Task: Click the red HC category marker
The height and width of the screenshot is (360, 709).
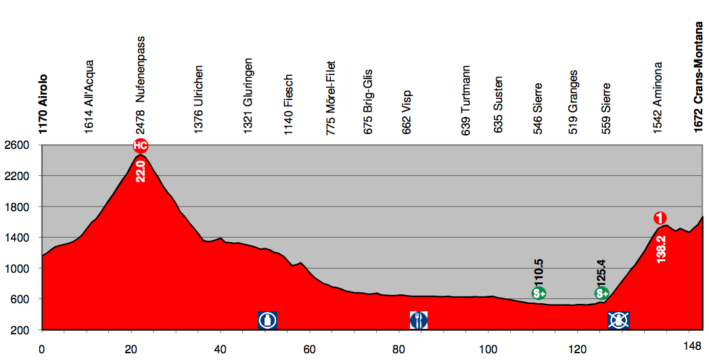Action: (x=140, y=145)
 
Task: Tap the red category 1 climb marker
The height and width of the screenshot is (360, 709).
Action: (x=660, y=218)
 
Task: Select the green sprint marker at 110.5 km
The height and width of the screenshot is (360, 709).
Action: (x=539, y=293)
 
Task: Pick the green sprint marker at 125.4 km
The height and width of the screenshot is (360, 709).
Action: (x=602, y=293)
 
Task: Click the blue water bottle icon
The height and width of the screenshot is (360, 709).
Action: (x=268, y=319)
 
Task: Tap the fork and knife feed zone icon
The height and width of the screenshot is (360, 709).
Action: (x=419, y=319)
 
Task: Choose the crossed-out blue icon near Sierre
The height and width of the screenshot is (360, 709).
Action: (x=619, y=319)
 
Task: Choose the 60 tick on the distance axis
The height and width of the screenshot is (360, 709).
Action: (x=310, y=348)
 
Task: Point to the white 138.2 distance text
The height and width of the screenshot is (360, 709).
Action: (x=661, y=248)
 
